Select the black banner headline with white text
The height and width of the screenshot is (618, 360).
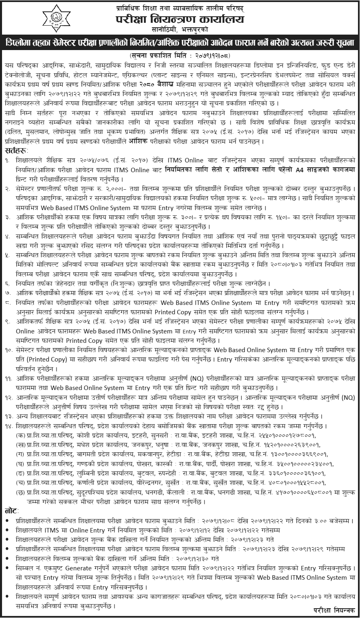(x=180, y=43)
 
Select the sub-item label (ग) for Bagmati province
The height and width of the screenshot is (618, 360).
(x=20, y=454)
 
